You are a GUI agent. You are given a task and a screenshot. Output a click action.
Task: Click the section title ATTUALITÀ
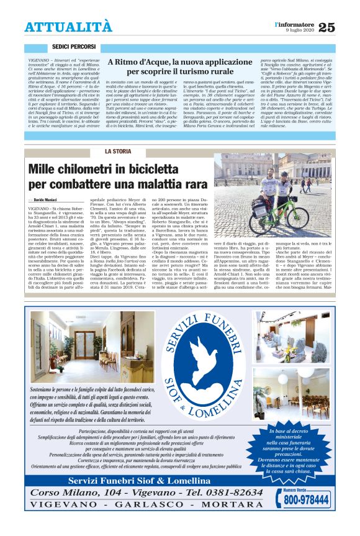click(68, 27)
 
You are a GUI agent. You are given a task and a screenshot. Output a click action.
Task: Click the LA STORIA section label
click(117, 151)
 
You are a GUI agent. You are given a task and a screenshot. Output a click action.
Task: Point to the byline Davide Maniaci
click(41, 198)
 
